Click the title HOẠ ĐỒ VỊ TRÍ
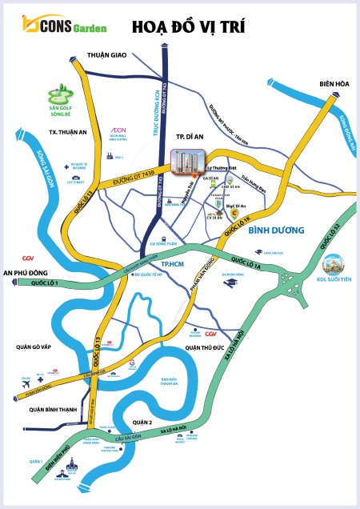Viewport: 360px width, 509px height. [187, 27]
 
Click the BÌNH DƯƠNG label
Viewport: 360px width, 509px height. [278, 231]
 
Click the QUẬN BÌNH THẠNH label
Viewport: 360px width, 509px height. [47, 410]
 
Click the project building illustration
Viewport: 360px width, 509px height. [188, 163]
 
